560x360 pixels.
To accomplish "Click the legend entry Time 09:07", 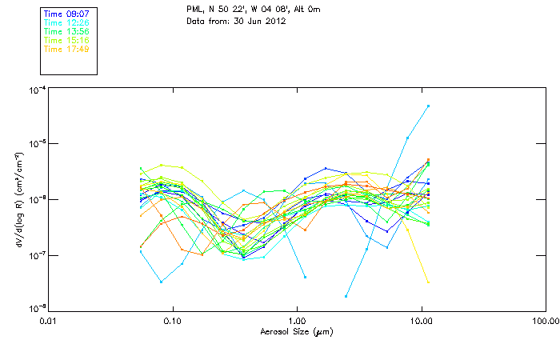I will (x=66, y=14).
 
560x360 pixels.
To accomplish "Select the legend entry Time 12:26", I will (x=66, y=22).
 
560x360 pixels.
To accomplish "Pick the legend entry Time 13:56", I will (x=66, y=31).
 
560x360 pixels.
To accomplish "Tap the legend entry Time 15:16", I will (x=66, y=40).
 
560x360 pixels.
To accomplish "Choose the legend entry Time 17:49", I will (x=66, y=49).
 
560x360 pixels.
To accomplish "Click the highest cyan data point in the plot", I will (x=429, y=106).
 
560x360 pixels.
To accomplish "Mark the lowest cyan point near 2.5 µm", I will (x=346, y=296).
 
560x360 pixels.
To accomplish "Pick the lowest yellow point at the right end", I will (x=429, y=282).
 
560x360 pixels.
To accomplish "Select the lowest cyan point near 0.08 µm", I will (x=161, y=282).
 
